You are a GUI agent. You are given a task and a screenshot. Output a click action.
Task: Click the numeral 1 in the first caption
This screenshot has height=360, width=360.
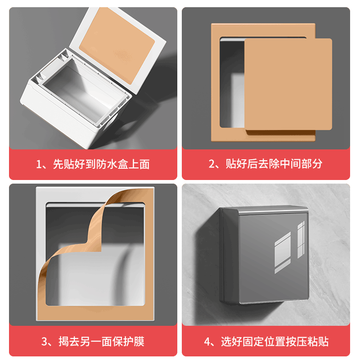click(x=39, y=164)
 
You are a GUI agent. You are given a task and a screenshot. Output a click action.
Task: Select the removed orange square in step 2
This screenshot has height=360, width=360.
click(x=288, y=85)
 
